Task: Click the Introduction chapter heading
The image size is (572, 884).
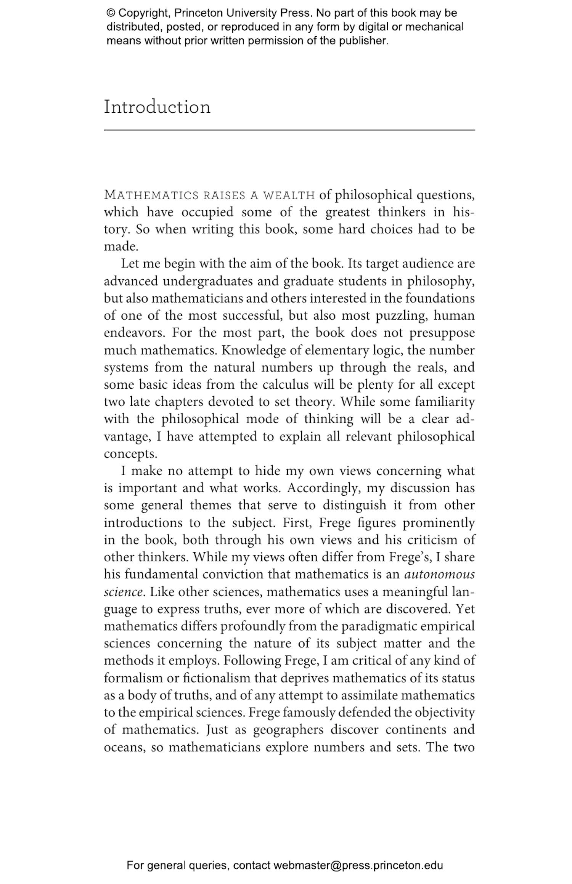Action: [157, 107]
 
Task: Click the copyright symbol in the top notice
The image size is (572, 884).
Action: [111, 13]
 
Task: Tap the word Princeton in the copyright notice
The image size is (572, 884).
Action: [199, 13]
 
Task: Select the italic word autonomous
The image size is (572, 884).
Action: [439, 574]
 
